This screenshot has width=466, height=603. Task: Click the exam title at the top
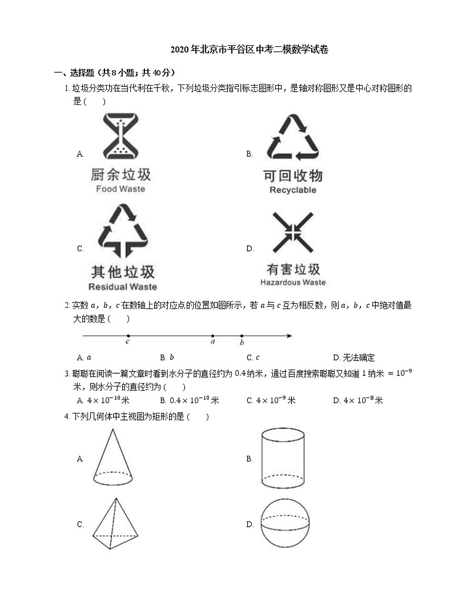[x=249, y=50]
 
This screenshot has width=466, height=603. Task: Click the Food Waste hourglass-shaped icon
[x=120, y=137]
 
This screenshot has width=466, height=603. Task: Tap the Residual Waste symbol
[x=122, y=231]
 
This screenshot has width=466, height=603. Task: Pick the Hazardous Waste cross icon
[x=293, y=233]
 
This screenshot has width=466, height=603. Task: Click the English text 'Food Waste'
[x=120, y=189]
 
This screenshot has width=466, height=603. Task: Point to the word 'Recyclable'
[x=293, y=190]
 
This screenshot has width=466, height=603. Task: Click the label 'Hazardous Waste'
[x=293, y=282]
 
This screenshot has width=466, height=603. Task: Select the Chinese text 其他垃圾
[x=123, y=272]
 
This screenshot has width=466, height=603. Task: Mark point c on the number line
[x=128, y=336]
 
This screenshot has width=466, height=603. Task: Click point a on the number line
[x=212, y=336]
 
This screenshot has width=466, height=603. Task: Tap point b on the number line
[x=241, y=336]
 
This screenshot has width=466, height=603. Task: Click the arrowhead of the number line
[x=289, y=336]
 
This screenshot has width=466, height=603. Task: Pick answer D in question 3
[x=357, y=401]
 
